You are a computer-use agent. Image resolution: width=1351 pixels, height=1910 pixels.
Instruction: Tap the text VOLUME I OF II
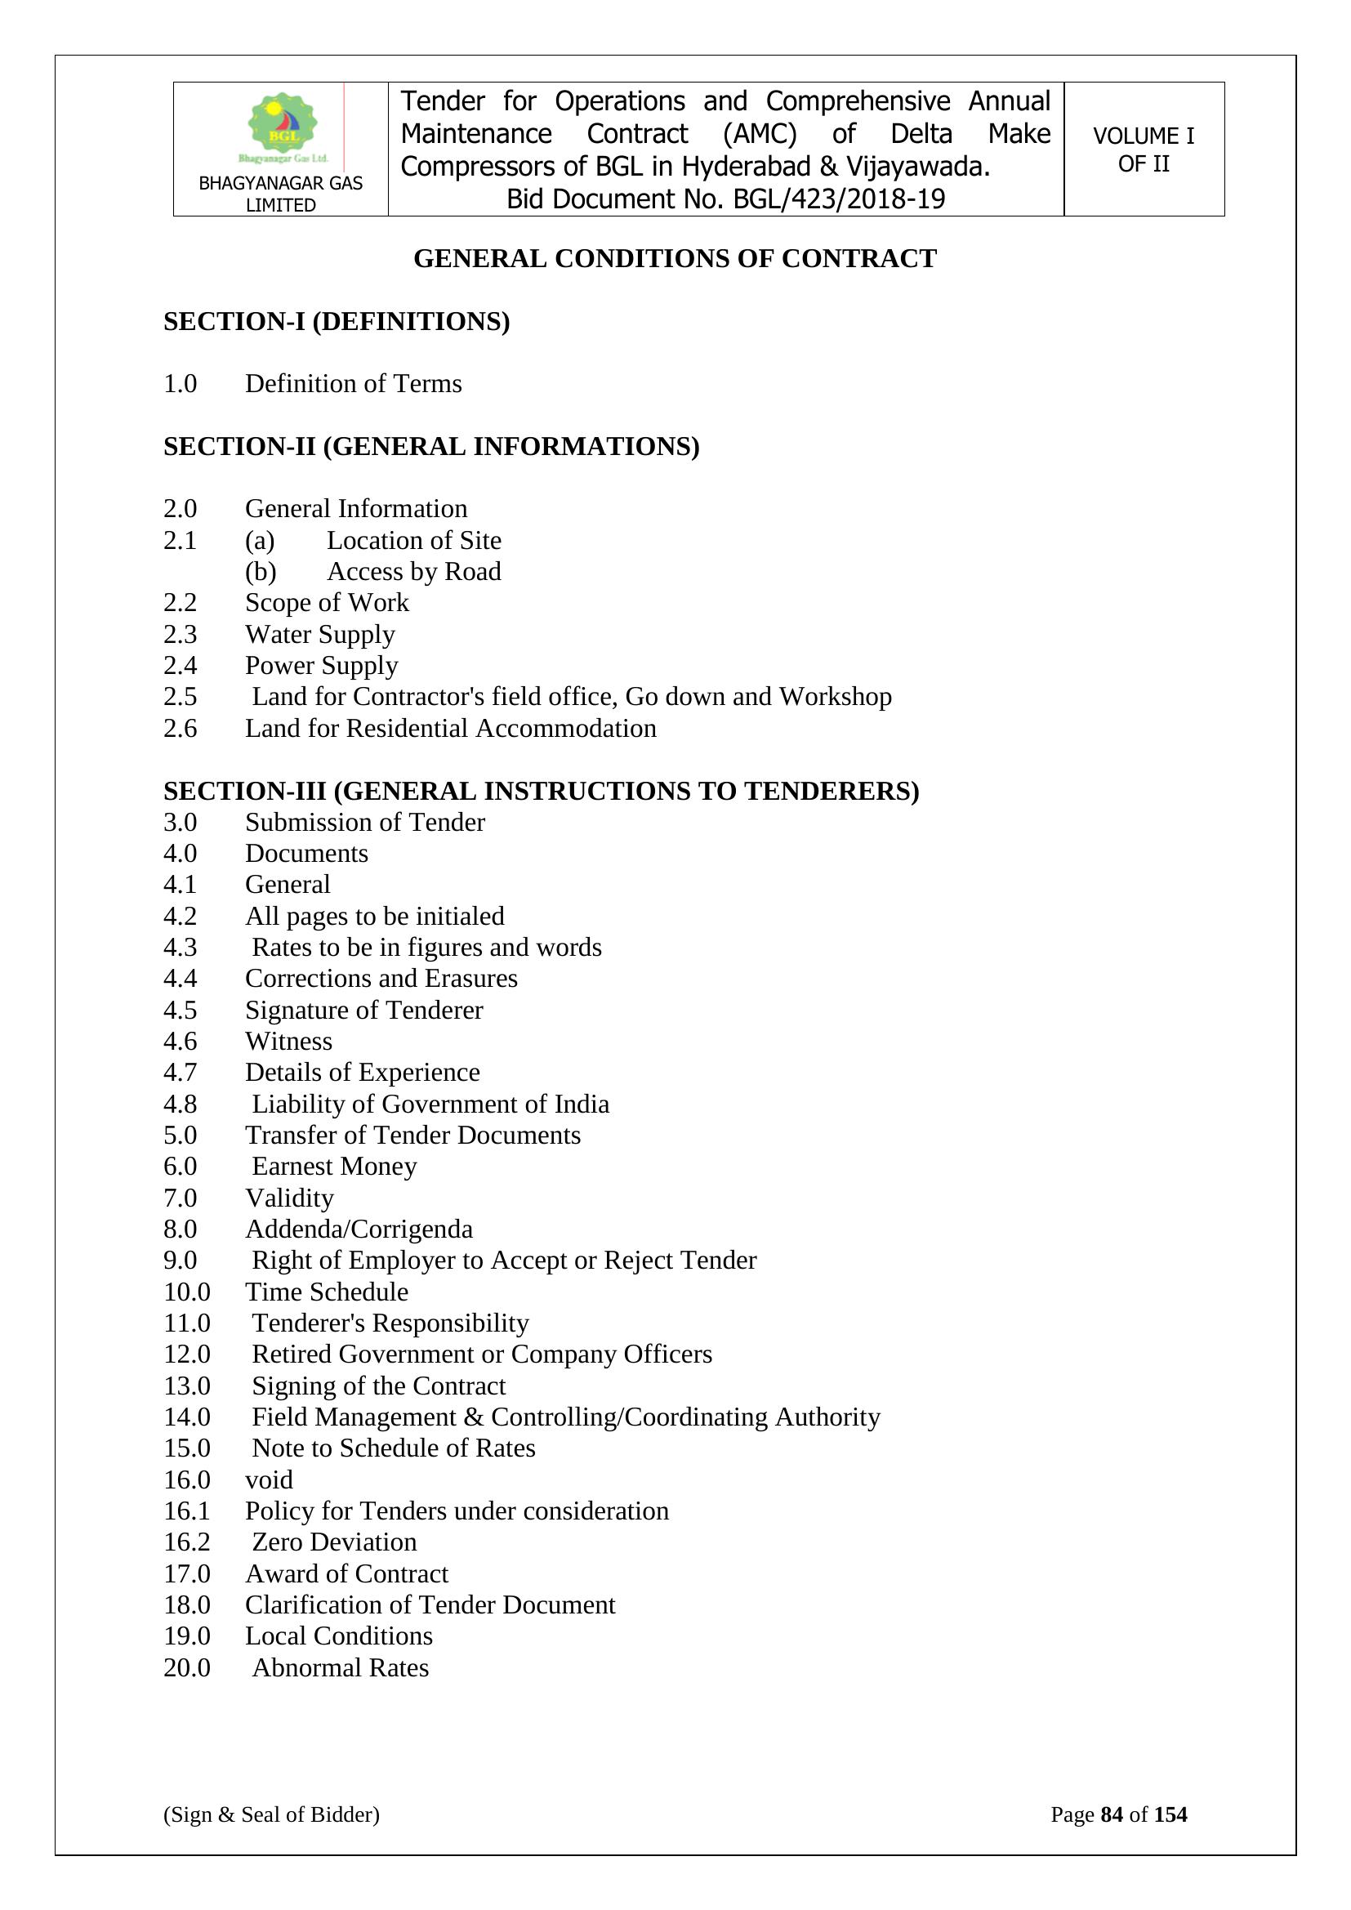[1143, 149]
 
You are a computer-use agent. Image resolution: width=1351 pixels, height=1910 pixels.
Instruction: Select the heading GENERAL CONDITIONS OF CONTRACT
[675, 259]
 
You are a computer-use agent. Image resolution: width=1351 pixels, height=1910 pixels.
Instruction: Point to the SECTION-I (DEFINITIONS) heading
[336, 322]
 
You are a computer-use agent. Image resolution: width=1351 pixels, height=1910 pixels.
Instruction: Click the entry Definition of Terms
[353, 383]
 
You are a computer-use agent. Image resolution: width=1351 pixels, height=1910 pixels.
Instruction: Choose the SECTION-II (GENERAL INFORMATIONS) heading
[431, 447]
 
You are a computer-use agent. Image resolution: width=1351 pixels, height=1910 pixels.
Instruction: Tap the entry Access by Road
[413, 572]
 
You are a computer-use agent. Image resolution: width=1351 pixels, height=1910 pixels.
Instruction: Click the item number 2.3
[180, 635]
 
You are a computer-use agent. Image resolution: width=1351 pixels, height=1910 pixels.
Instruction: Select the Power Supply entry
[321, 666]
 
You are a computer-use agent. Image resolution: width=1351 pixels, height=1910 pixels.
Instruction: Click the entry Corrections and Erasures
[381, 979]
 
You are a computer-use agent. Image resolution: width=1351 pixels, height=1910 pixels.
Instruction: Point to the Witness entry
[288, 1042]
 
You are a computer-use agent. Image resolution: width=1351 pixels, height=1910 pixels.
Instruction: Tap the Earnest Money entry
[333, 1167]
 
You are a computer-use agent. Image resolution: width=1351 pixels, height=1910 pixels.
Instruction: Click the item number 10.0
[186, 1292]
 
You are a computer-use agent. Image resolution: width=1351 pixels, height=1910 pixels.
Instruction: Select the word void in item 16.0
[269, 1480]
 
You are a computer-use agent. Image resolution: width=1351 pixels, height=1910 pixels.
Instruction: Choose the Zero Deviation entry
[333, 1542]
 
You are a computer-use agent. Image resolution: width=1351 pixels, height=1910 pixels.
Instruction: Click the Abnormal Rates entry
[341, 1668]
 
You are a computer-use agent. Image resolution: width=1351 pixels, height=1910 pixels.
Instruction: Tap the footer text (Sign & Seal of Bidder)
[271, 1814]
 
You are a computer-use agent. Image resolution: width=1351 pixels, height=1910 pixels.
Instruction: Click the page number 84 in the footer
[1112, 1814]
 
